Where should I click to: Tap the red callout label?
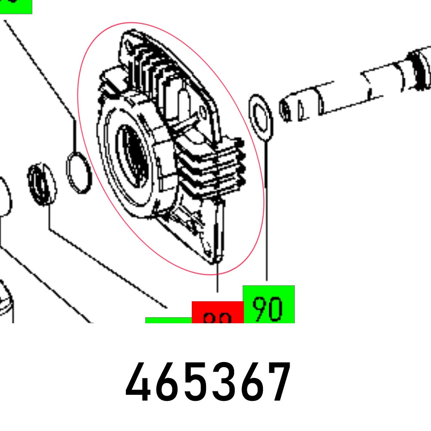pos(217,313)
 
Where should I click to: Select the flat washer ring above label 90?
pos(260,118)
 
